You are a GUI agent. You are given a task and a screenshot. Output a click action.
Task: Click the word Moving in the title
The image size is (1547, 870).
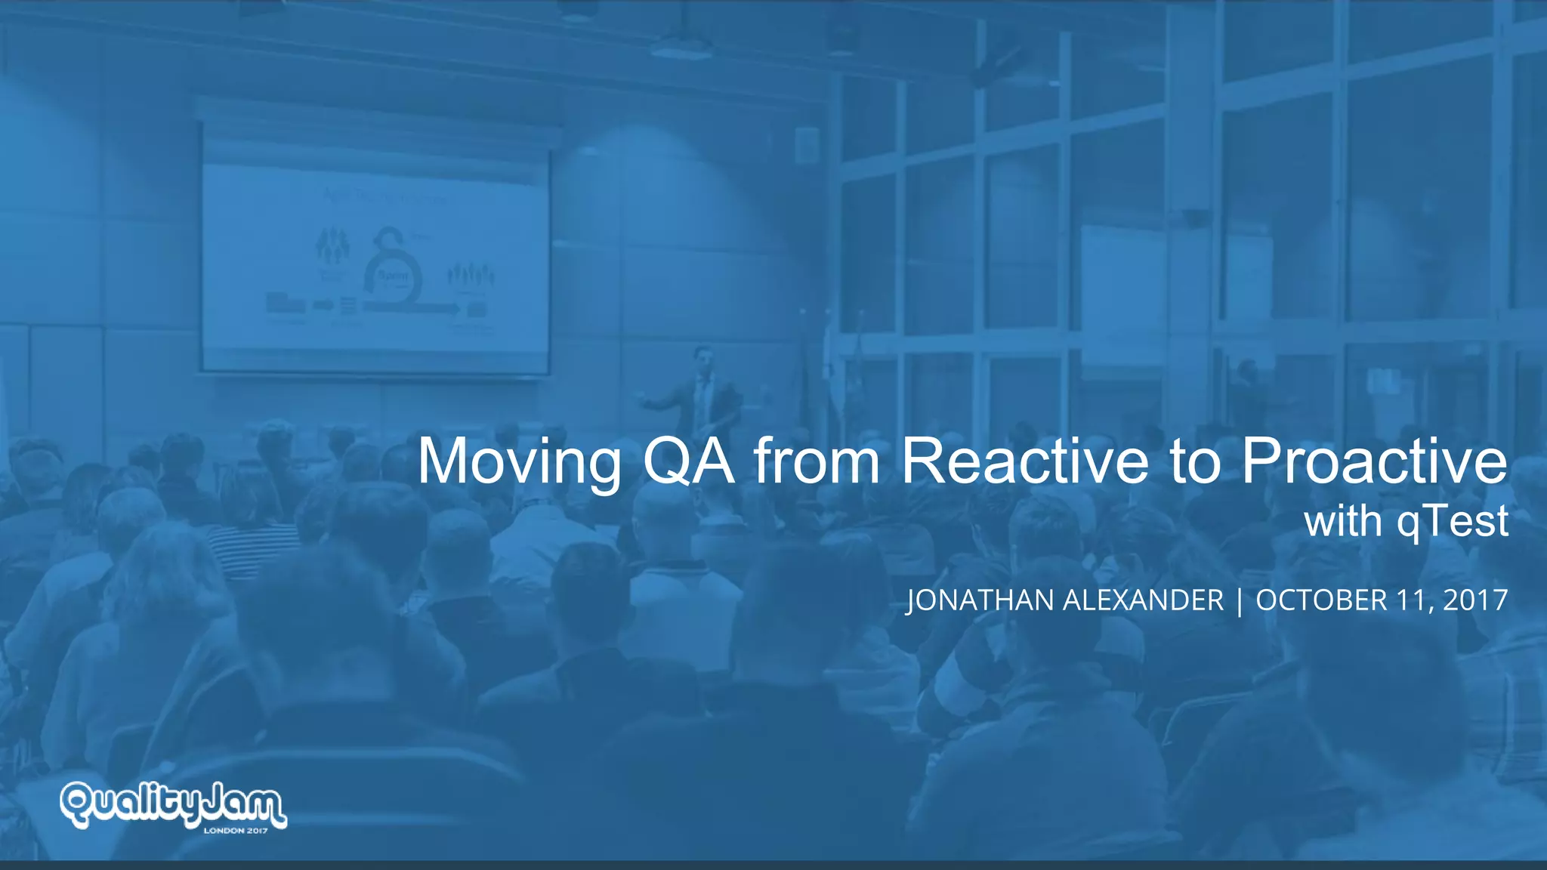tap(520, 462)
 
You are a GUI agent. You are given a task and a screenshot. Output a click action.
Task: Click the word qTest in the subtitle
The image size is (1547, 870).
tap(1452, 521)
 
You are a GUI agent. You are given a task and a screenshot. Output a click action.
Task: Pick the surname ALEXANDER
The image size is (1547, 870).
tap(1143, 600)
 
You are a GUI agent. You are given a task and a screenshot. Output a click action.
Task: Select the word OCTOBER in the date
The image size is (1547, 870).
tap(1321, 600)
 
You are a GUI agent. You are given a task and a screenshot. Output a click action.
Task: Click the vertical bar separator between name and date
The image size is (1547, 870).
tap(1240, 601)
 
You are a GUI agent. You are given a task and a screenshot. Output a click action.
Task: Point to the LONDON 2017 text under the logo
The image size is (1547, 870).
tap(236, 831)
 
